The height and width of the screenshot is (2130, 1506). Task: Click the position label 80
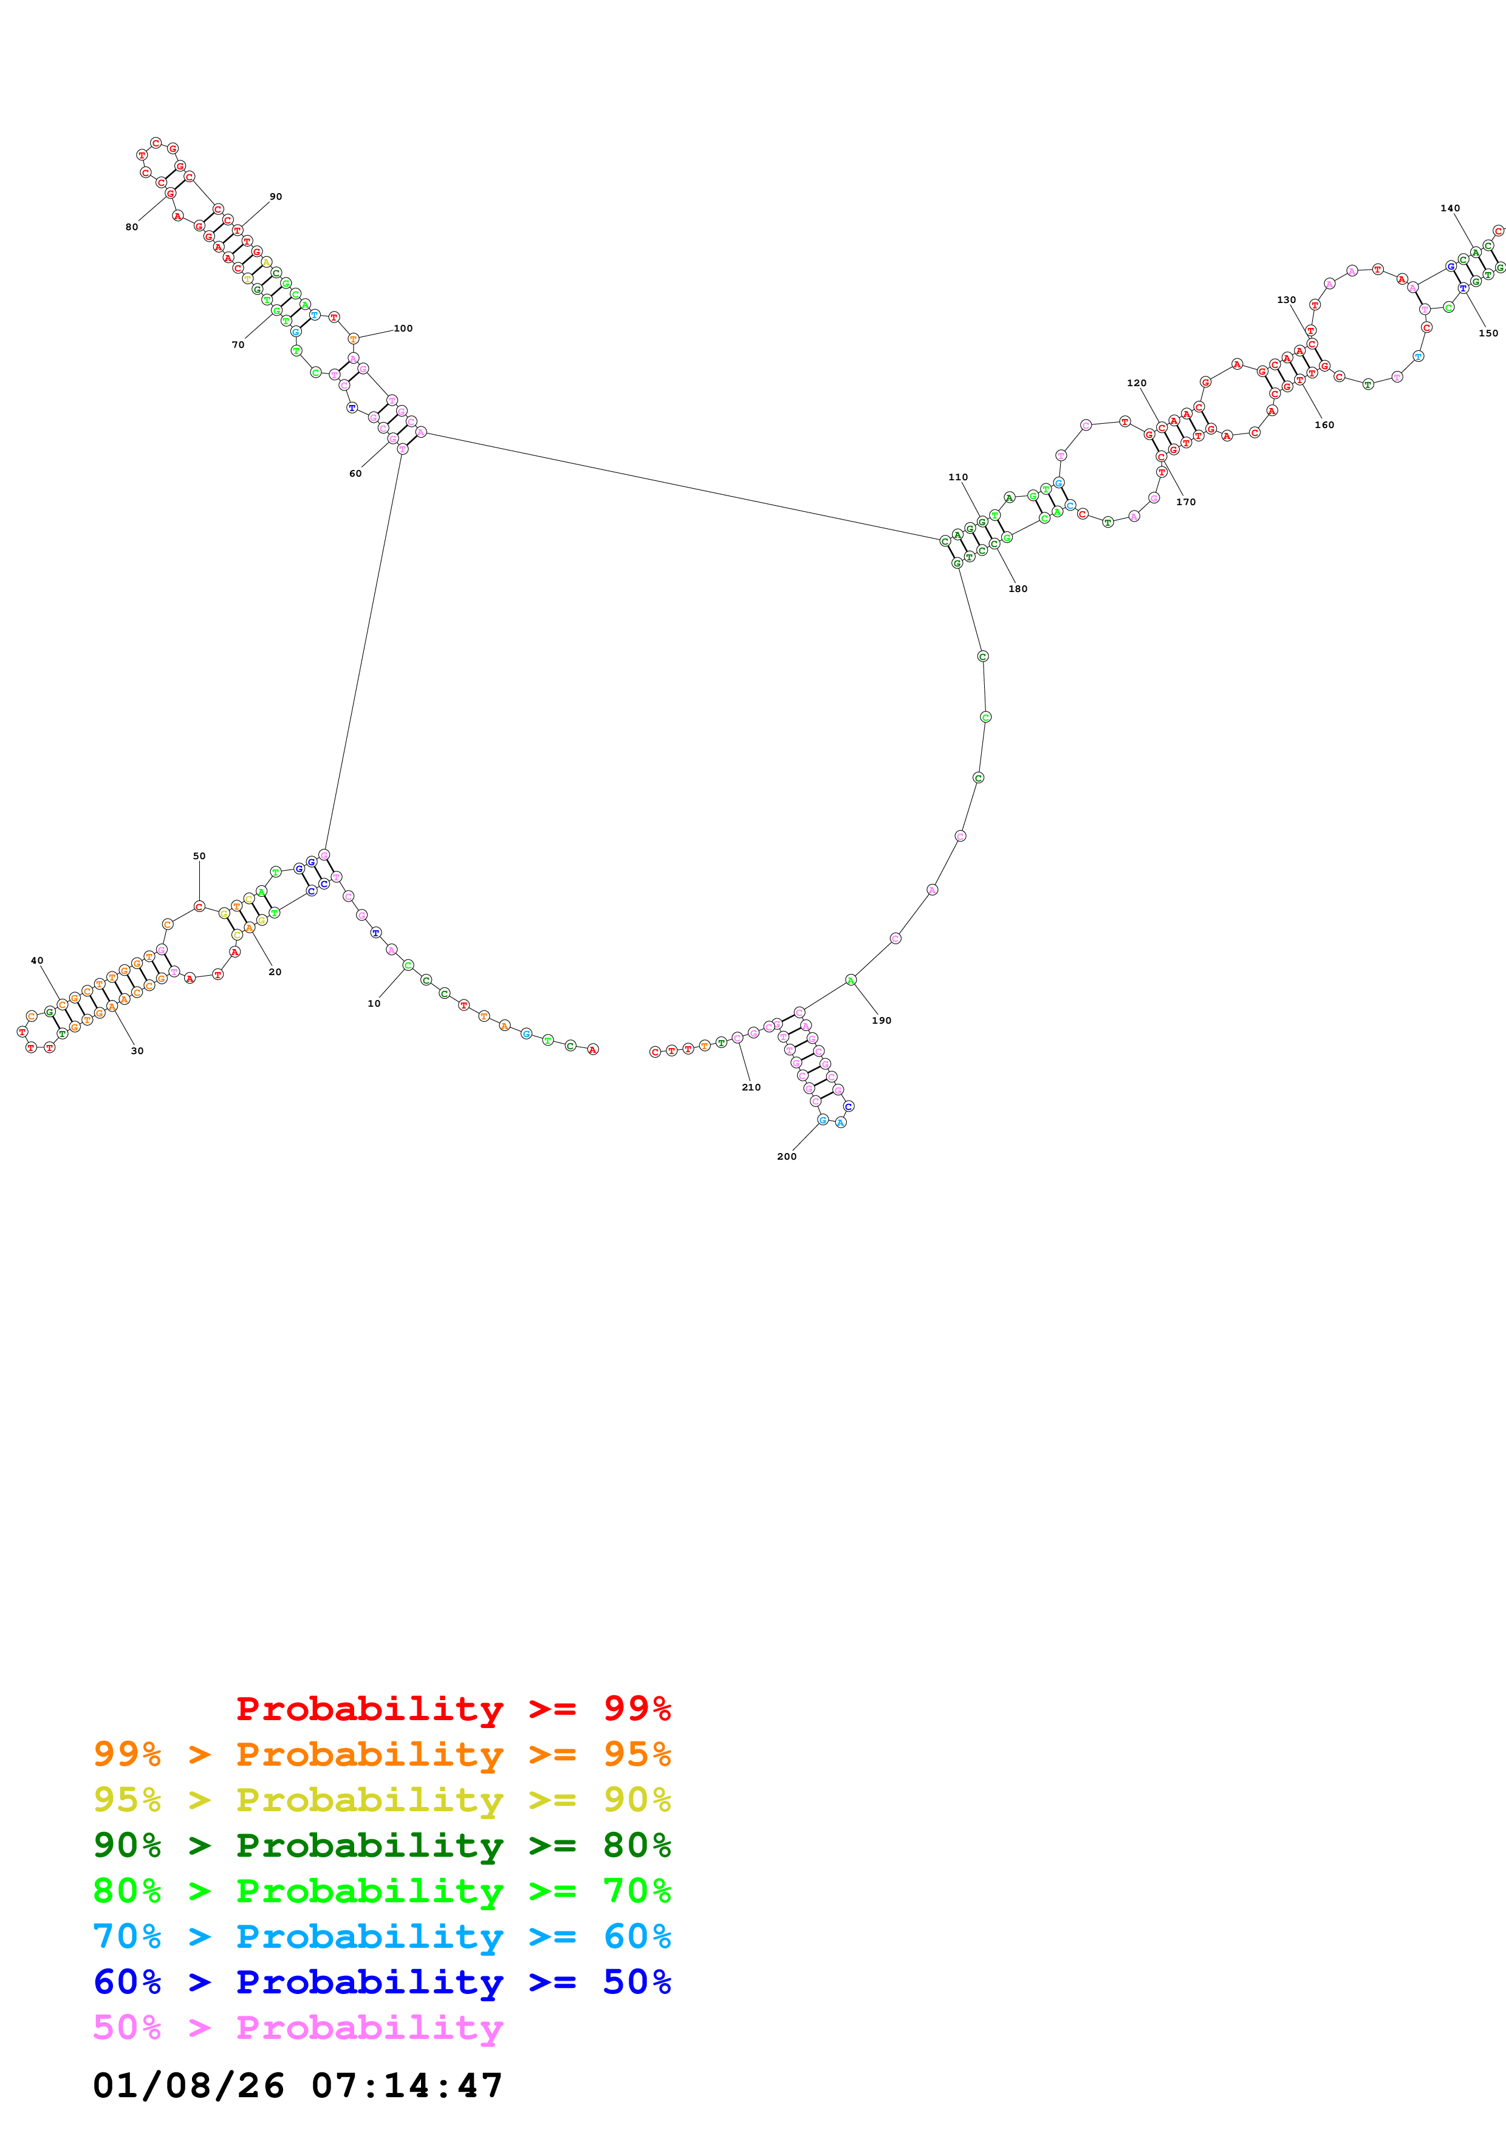coord(132,227)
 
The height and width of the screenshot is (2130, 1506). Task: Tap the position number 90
coord(276,197)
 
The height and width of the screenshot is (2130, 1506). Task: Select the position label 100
coord(403,328)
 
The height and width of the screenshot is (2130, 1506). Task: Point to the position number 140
coord(1450,209)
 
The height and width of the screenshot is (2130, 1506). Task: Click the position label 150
coord(1487,333)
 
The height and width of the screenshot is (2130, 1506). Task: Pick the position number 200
coord(786,1156)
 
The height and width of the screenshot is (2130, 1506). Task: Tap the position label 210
coord(751,1087)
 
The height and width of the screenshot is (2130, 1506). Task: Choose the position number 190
coord(881,1021)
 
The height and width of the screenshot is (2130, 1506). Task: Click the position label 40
coord(37,961)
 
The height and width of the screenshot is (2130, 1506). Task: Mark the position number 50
coord(199,856)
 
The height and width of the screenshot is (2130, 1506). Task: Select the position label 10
coord(374,1004)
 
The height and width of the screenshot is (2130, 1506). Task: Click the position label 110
coord(957,478)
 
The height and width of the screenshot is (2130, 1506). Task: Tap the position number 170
coord(1185,502)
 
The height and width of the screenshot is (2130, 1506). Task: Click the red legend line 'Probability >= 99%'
coord(453,1708)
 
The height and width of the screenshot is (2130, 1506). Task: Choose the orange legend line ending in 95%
coord(382,1754)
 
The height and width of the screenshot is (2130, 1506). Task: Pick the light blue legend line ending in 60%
coord(382,1936)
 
